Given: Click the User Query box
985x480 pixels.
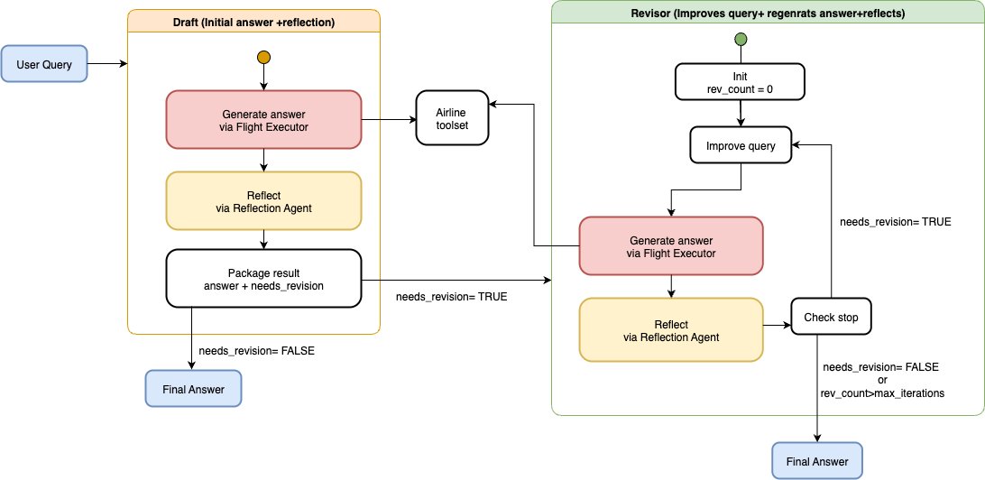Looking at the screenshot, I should tap(45, 65).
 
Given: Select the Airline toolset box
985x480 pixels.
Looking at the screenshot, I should tap(451, 117).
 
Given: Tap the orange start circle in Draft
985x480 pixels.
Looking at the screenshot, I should tap(263, 58).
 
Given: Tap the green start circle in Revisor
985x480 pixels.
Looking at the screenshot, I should tap(741, 39).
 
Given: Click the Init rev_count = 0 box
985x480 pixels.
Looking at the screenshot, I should tap(741, 82).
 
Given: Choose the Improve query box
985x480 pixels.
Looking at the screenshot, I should tap(740, 145).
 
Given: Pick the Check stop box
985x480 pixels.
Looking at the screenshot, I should tap(831, 318).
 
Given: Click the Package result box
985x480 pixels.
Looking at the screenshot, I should tap(263, 280).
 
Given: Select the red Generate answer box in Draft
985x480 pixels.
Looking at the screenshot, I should tap(263, 120).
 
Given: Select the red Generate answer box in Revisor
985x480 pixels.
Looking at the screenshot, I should tap(670, 246).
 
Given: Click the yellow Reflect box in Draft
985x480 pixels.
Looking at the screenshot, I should tap(263, 200).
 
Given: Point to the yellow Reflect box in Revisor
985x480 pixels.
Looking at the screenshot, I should tap(670, 330).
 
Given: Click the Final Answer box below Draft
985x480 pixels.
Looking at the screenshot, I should tap(193, 389).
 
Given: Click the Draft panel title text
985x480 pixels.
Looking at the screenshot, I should tap(253, 22).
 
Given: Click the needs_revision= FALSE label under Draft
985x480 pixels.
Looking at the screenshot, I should tap(257, 350).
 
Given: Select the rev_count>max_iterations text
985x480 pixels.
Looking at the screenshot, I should tap(881, 393).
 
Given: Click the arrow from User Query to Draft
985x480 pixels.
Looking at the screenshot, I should tap(106, 65).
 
